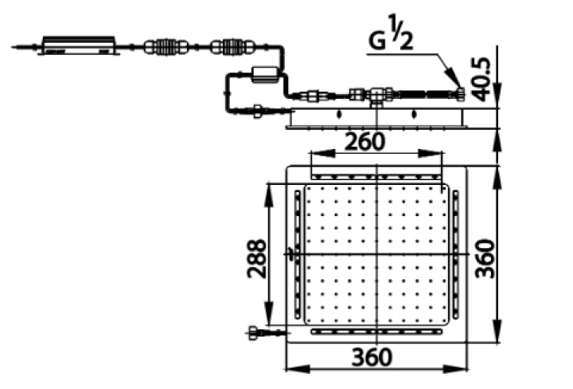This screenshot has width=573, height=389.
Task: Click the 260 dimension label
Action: [x=365, y=142]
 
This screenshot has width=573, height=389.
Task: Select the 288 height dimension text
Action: [x=252, y=260]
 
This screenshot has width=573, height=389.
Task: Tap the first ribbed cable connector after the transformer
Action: [x=166, y=47]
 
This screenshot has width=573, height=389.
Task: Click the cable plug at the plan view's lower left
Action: [x=256, y=332]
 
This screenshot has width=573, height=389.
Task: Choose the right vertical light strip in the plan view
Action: [x=456, y=255]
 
